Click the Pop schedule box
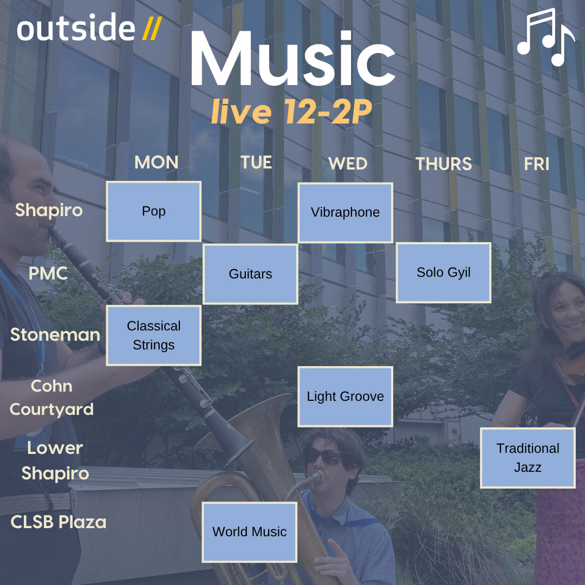pos(154,212)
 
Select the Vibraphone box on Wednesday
pos(345,213)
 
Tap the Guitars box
pos(250,274)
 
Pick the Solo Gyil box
pos(443,272)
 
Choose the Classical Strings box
pos(154,335)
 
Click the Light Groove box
pos(345,396)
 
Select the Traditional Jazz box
pos(528,458)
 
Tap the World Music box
pos(249,532)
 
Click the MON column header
pos(157,162)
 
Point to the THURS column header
pos(444,164)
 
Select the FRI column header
pos(536,164)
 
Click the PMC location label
pos(48,274)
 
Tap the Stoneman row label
pos(55,335)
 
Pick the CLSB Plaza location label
pos(58,522)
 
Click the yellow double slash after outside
pos(152,29)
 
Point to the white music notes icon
pos(546,37)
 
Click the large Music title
pos(293,58)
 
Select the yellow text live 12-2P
pos(292,111)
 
